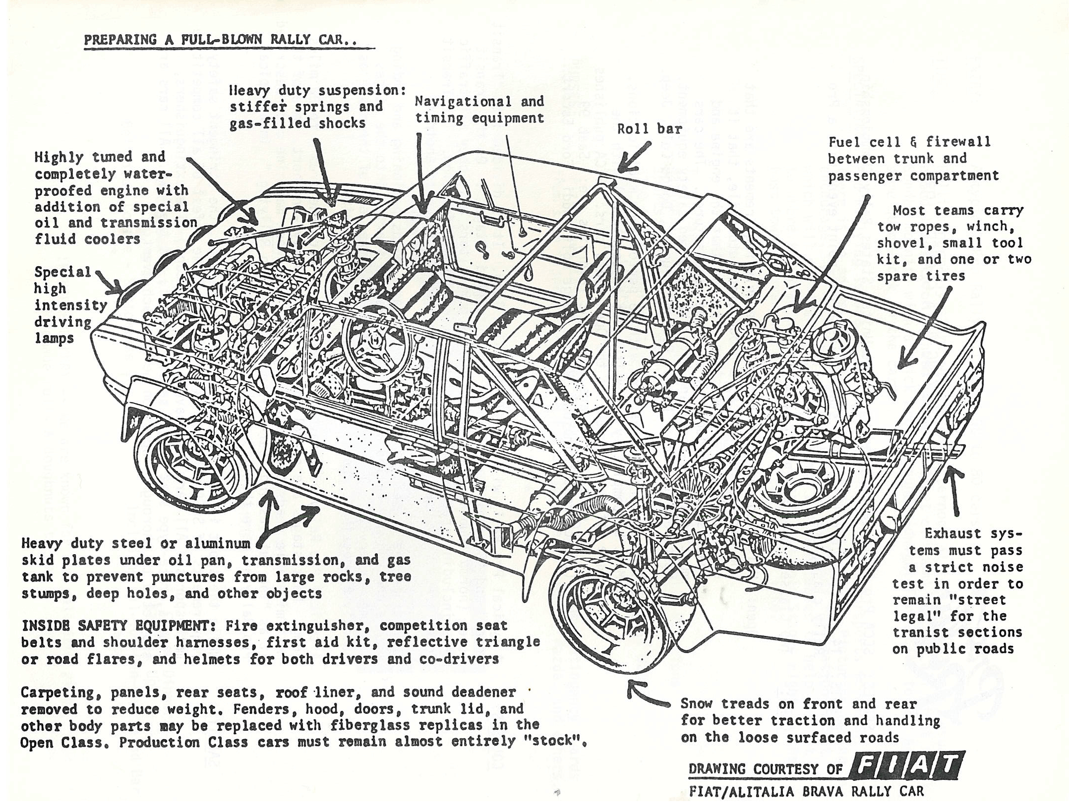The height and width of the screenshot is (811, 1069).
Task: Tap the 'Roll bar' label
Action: coord(650,129)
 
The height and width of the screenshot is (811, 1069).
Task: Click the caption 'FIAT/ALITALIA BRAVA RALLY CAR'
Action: coord(807,792)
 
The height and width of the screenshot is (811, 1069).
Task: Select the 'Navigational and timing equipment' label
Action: coord(479,110)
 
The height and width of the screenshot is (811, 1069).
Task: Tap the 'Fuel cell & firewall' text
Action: coord(909,142)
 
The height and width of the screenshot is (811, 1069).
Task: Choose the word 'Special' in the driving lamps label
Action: coord(62,272)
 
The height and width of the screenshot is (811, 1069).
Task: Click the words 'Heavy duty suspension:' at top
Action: coord(318,91)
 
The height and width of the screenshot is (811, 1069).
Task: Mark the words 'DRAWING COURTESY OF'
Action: coord(766,769)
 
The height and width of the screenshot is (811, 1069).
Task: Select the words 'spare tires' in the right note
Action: coord(921,276)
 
